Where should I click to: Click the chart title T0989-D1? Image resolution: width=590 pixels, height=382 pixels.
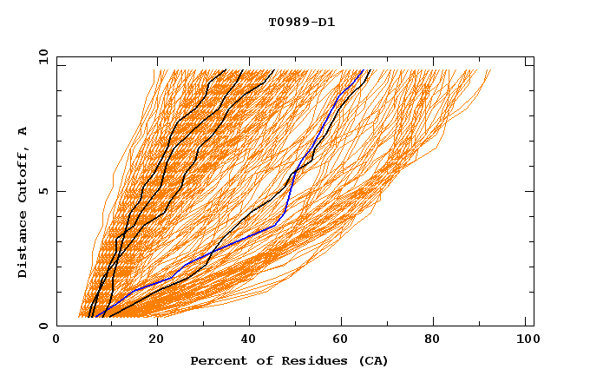point(301,23)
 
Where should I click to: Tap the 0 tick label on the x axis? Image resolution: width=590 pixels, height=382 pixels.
point(56,340)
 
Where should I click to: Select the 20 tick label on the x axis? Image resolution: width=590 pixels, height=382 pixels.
point(157,340)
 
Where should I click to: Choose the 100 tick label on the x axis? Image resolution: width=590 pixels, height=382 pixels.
point(527,340)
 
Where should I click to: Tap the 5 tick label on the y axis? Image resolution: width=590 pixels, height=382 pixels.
point(43,191)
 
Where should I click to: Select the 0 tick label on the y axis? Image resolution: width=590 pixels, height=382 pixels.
point(43,326)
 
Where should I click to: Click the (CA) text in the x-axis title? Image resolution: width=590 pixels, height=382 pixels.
point(371,361)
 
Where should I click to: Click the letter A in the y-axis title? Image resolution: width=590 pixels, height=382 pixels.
point(23,130)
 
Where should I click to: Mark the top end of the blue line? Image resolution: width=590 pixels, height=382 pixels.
point(362,70)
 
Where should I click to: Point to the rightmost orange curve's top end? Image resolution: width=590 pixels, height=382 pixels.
point(490,70)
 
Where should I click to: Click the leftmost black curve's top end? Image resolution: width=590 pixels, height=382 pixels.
point(226,70)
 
